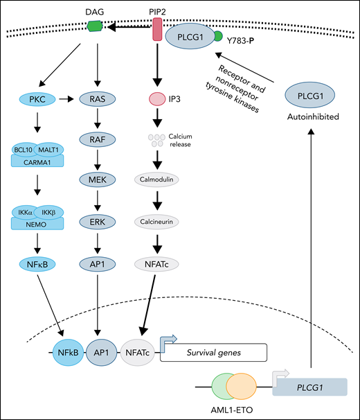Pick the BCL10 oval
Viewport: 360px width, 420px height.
[24, 149]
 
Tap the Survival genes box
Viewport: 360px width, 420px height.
[213, 351]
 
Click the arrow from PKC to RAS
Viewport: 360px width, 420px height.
[70, 99]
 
